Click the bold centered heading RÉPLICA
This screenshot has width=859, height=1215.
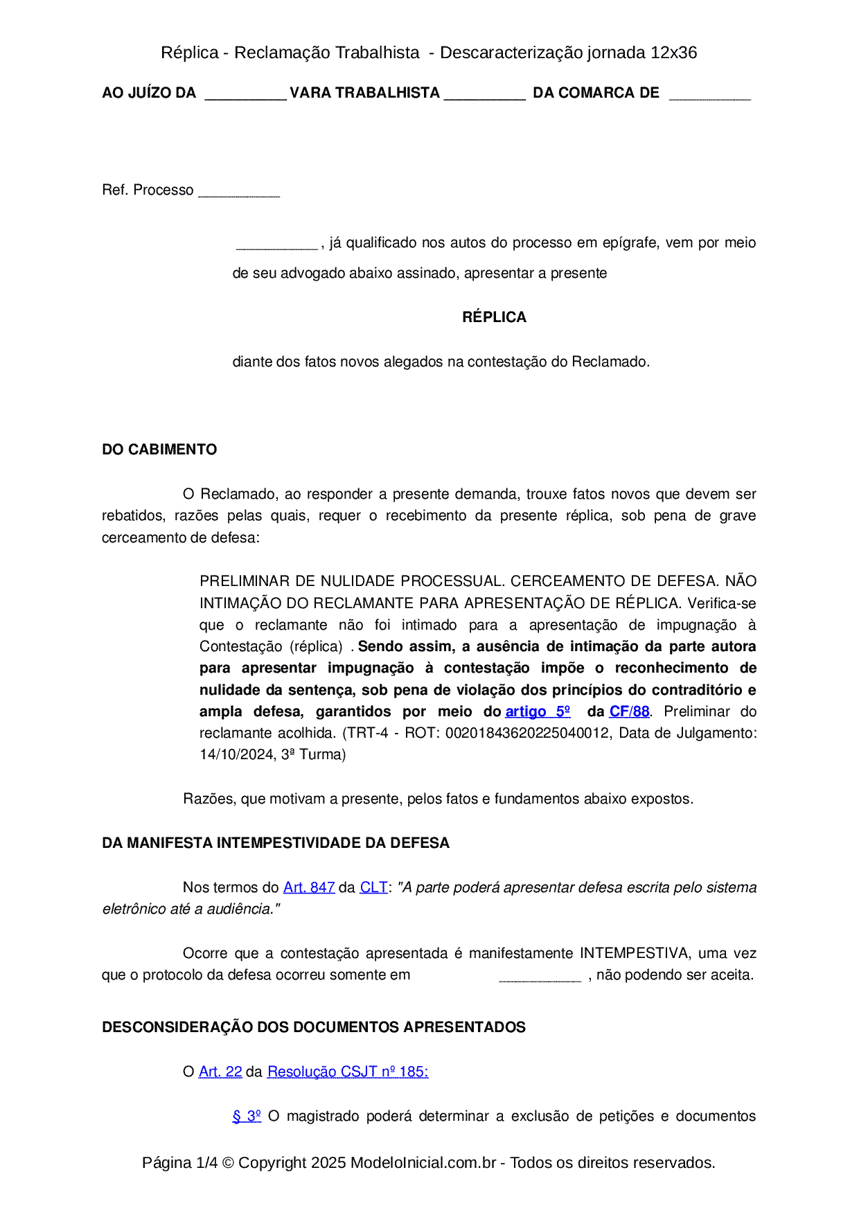click(x=494, y=317)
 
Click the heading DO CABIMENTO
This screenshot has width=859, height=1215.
click(x=159, y=450)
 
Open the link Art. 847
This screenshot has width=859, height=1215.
click(x=309, y=887)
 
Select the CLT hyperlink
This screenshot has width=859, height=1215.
click(x=373, y=887)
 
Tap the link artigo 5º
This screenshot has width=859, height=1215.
click(x=538, y=711)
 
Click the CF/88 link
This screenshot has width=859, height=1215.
click(x=629, y=711)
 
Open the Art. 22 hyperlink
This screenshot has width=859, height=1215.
click(x=220, y=1072)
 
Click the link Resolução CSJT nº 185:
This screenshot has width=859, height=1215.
click(x=348, y=1072)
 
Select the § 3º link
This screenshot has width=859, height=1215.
click(x=247, y=1116)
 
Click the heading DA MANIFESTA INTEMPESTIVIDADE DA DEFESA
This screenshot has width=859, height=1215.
click(x=276, y=843)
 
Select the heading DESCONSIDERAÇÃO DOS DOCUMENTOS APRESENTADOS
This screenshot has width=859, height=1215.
click(x=314, y=1027)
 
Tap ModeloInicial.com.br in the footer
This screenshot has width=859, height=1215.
click(x=423, y=1162)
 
